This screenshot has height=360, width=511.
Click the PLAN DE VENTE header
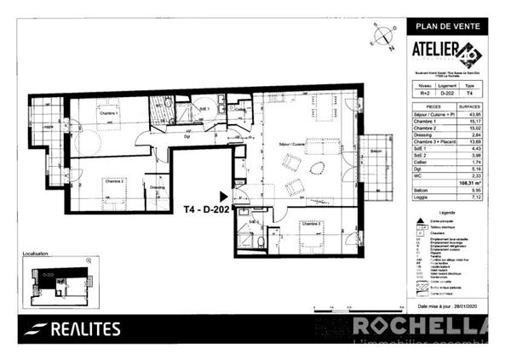click(x=448, y=26)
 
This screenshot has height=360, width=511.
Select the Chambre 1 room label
click(x=106, y=112)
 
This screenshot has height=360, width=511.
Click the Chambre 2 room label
click(x=114, y=181)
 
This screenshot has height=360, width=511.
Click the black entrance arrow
click(x=224, y=196)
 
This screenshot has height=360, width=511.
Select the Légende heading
click(x=447, y=211)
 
